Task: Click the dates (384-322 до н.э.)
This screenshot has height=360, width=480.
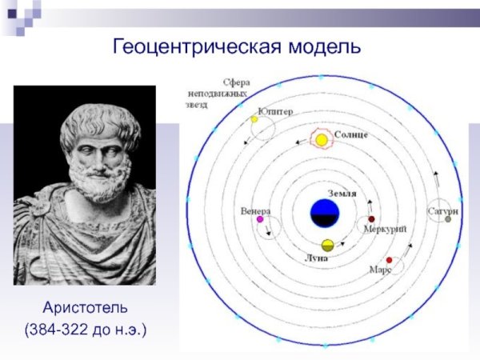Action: (x=85, y=328)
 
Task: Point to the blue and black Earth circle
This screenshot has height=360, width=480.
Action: (x=326, y=214)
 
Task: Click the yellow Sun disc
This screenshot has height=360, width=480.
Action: (x=322, y=141)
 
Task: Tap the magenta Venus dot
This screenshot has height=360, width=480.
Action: (x=261, y=219)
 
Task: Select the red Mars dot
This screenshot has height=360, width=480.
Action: (x=389, y=260)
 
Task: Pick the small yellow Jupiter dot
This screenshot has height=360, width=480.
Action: (x=254, y=119)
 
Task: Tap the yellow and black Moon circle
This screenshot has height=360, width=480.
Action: (x=327, y=245)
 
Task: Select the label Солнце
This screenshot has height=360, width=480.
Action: (x=351, y=134)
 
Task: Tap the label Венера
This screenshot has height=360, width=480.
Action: (x=255, y=210)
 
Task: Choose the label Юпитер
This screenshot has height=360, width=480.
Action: (x=274, y=111)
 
